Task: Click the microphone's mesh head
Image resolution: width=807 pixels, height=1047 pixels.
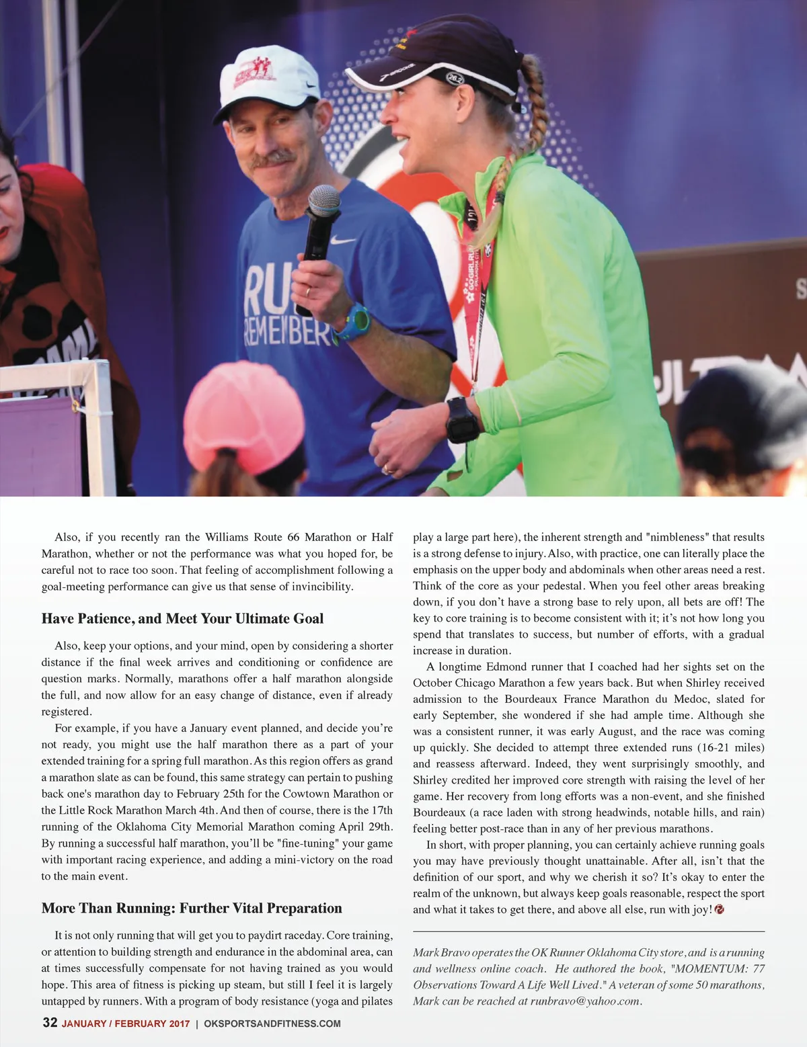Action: click(325, 201)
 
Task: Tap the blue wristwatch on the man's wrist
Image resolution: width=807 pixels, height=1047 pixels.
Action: click(354, 322)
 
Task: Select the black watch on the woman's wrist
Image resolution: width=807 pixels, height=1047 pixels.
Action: click(463, 419)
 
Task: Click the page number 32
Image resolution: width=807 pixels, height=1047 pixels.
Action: click(50, 1023)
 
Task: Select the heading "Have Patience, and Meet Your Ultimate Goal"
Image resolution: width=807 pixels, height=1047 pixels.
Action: click(182, 618)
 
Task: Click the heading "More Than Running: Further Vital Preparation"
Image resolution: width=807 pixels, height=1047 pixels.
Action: click(192, 908)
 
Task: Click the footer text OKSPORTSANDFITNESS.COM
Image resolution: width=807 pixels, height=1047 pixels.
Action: click(272, 1023)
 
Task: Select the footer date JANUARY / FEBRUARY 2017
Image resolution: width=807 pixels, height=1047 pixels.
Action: click(126, 1023)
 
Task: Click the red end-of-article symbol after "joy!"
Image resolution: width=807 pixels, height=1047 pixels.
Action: click(720, 909)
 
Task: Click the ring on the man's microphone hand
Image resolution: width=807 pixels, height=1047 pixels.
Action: click(308, 292)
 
